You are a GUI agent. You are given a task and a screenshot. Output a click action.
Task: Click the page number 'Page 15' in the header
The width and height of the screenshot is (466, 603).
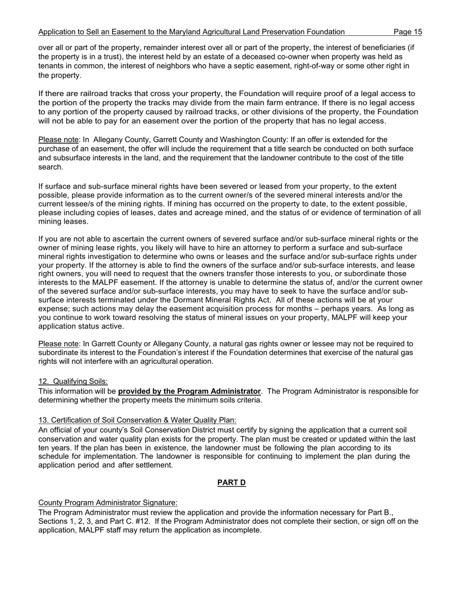(408, 32)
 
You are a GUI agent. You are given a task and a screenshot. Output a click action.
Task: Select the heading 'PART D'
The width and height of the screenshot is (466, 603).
(232, 483)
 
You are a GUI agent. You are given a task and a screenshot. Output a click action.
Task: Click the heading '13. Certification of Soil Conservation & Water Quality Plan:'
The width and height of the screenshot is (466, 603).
(137, 420)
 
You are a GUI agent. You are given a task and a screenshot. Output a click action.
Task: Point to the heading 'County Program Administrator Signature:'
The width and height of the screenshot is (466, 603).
(108, 503)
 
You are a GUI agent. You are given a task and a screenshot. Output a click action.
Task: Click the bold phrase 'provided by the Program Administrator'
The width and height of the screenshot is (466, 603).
(189, 391)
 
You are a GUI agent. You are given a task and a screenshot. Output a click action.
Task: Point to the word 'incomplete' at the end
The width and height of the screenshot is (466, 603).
(242, 530)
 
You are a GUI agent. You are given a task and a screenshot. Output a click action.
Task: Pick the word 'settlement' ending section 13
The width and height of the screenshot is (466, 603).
(152, 465)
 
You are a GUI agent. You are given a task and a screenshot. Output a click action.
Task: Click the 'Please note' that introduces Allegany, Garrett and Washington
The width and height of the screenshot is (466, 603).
(58, 140)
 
